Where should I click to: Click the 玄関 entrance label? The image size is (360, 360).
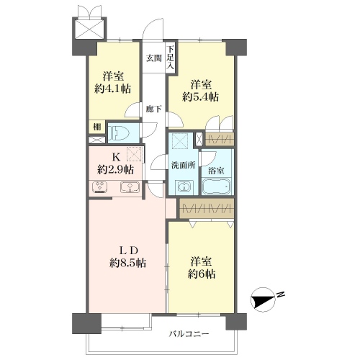[154, 58]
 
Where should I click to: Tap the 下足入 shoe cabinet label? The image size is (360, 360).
[171, 58]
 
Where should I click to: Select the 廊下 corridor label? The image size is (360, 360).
[154, 109]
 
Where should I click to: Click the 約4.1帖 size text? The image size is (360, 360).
[113, 89]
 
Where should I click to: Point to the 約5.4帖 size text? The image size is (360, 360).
[200, 97]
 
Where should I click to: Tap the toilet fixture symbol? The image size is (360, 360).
[119, 132]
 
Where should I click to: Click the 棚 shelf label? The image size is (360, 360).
[97, 127]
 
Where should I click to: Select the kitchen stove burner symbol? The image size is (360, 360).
[99, 187]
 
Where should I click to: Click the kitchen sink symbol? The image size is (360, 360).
[130, 187]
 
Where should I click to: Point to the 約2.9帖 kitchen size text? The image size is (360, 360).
[115, 170]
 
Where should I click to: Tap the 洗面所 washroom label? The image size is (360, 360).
[183, 165]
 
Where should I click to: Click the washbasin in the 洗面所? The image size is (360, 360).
[184, 187]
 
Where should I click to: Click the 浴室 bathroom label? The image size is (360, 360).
[216, 171]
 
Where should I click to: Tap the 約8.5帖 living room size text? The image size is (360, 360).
[127, 263]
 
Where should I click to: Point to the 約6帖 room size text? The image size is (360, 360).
[201, 274]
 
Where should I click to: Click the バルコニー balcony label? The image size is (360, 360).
[189, 334]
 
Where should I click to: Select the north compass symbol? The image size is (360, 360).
[263, 300]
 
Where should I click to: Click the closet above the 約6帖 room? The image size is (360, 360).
[207, 208]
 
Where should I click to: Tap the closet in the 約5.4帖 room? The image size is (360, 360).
[220, 139]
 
